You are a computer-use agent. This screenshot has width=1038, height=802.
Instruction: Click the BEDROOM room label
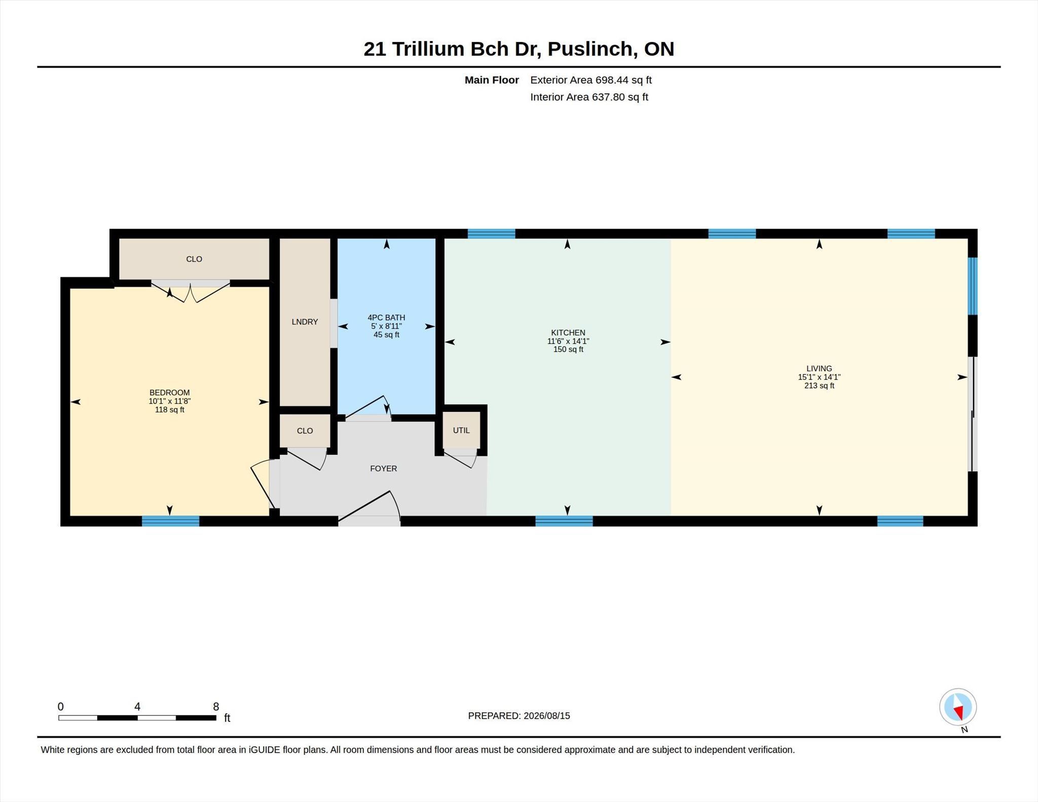(169, 393)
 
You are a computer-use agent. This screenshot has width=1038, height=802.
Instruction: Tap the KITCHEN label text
(568, 333)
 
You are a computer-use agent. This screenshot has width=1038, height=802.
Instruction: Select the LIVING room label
(819, 369)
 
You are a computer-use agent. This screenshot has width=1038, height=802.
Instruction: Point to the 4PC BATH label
(386, 318)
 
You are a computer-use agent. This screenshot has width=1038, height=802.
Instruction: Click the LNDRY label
(305, 322)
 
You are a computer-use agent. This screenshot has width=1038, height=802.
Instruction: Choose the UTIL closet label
(461, 431)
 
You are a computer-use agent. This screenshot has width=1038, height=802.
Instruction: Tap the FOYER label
(383, 469)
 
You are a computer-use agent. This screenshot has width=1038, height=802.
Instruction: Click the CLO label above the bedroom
(194, 259)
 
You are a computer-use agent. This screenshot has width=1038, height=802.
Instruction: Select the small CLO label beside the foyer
(305, 431)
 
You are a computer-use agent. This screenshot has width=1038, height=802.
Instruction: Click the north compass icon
(958, 707)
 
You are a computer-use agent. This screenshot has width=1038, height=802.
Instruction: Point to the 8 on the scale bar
(216, 707)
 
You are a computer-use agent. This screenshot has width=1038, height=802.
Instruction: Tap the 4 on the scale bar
(137, 707)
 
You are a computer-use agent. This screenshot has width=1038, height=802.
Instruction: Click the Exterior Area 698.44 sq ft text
(591, 80)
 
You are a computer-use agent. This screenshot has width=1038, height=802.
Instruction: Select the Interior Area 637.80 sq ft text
(589, 97)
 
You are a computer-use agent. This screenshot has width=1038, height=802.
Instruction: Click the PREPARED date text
(519, 716)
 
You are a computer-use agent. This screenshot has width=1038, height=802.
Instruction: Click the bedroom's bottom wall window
(170, 521)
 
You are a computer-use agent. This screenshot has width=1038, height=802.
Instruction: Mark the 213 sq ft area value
(819, 386)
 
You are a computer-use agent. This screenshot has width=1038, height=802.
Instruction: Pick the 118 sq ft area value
(169, 410)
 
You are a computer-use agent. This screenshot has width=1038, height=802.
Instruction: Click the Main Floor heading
(492, 80)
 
